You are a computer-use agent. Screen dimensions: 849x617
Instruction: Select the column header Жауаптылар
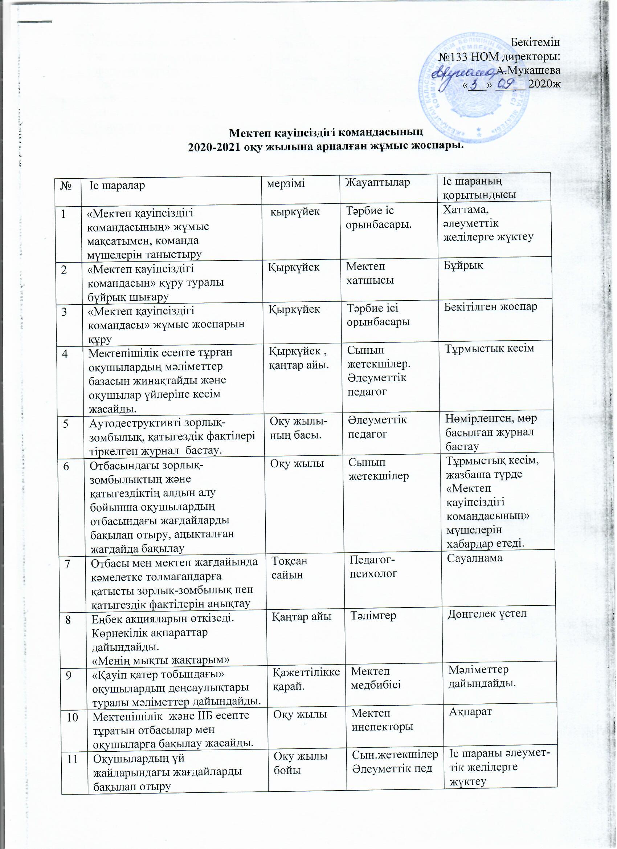pos(377,183)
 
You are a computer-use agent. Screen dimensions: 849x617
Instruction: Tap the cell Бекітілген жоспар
pos(491,307)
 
